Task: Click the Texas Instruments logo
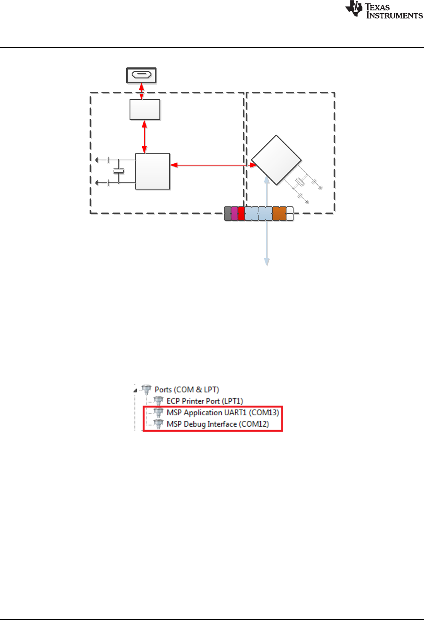coord(384,10)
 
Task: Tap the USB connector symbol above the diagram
coord(142,75)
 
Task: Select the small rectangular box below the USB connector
coord(145,110)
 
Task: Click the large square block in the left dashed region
coord(153,171)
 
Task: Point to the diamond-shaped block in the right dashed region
coord(276,160)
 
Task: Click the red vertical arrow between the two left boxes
coord(145,137)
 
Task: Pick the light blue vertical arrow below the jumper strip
coord(267,244)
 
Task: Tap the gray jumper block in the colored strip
coord(228,214)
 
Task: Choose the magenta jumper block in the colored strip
coord(234,214)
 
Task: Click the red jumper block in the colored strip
coord(241,214)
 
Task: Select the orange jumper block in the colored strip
coord(279,214)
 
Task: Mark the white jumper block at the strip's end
coord(289,214)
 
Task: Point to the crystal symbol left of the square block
coord(119,171)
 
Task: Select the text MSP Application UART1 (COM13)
coord(223,412)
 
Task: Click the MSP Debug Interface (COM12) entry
coord(217,424)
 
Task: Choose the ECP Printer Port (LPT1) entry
coord(204,401)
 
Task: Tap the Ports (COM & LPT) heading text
coord(187,390)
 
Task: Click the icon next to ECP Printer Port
coord(159,401)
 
